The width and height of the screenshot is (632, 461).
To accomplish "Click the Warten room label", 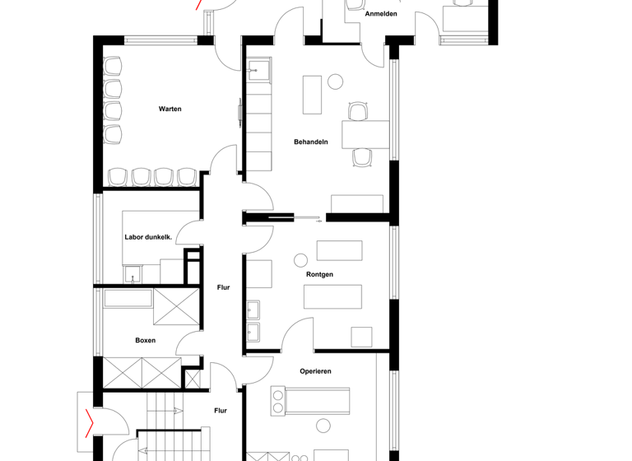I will [170, 109].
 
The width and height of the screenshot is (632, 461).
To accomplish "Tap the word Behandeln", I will [311, 142].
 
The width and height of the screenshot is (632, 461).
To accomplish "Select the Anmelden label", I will [381, 14].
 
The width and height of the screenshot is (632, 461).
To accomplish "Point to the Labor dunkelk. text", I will [148, 237].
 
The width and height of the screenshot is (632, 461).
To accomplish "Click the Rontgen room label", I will [319, 274].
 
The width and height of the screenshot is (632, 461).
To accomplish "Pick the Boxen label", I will [145, 340].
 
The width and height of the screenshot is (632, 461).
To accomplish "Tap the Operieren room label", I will [315, 371].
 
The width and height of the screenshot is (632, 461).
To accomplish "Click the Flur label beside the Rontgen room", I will [223, 287].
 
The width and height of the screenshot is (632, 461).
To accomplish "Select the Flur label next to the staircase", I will [221, 410].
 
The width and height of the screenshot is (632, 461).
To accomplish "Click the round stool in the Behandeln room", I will [335, 81].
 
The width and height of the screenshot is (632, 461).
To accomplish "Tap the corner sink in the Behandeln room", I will [258, 71].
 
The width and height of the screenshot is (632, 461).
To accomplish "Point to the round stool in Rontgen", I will [300, 261].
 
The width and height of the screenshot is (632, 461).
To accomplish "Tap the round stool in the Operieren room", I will [323, 425].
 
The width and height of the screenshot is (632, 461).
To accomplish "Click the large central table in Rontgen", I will [332, 296].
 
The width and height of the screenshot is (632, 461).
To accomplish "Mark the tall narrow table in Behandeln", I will [312, 95].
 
